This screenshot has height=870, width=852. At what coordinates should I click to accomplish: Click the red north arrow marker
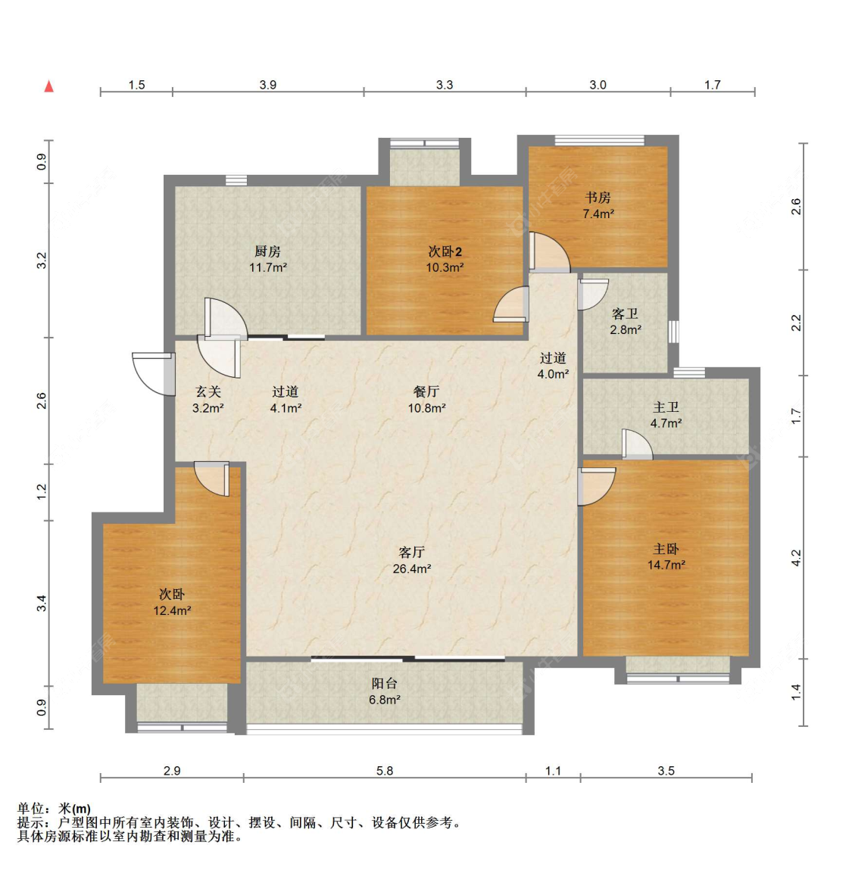pos(48,86)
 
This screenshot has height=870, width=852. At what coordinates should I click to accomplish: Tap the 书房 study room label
pos(598,198)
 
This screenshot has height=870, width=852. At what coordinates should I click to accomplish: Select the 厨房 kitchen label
pos(267,251)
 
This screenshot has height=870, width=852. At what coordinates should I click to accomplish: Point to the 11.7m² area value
pos(268,267)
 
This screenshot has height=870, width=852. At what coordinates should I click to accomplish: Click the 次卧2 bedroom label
pos(445,251)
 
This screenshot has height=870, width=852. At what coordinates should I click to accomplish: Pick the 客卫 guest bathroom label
pos(625,314)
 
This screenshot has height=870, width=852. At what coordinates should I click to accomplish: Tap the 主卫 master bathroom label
pos(666,407)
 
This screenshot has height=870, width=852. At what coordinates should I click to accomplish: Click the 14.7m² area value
pos(666,566)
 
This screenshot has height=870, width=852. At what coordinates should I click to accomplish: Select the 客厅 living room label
pos(412,552)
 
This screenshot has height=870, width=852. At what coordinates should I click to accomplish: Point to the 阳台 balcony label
pos(384,684)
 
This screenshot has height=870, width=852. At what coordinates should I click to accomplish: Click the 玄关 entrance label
pos(208,391)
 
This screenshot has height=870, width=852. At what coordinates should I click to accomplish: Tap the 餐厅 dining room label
pos(426,391)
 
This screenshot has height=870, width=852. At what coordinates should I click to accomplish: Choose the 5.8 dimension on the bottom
pos(385,771)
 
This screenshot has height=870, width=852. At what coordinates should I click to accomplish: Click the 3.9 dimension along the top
pos(268,85)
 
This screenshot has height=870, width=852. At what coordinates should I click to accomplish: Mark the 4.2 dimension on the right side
pos(797,557)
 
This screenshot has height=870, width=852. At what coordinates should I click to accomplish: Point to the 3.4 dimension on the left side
pos(42,603)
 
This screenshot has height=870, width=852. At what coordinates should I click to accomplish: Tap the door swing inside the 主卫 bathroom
pos(637,444)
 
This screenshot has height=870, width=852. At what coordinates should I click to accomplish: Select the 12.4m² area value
pos(172,611)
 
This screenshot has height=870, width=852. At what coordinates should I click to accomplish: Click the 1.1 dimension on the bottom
pos(554,771)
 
